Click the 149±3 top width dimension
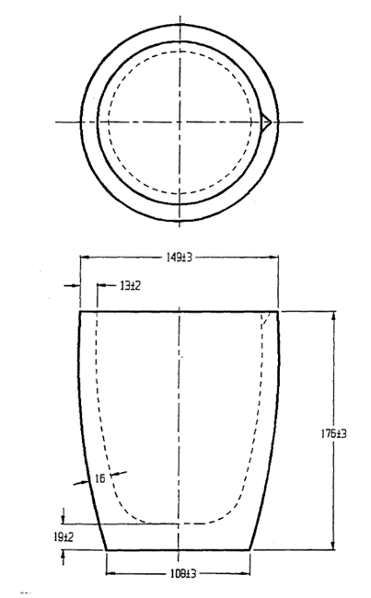179,259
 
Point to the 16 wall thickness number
100,479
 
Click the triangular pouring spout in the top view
266,121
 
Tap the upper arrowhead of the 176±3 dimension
333,316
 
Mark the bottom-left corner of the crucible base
107,550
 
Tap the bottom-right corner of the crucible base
252,550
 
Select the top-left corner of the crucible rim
80,312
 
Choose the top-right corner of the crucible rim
277,312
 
